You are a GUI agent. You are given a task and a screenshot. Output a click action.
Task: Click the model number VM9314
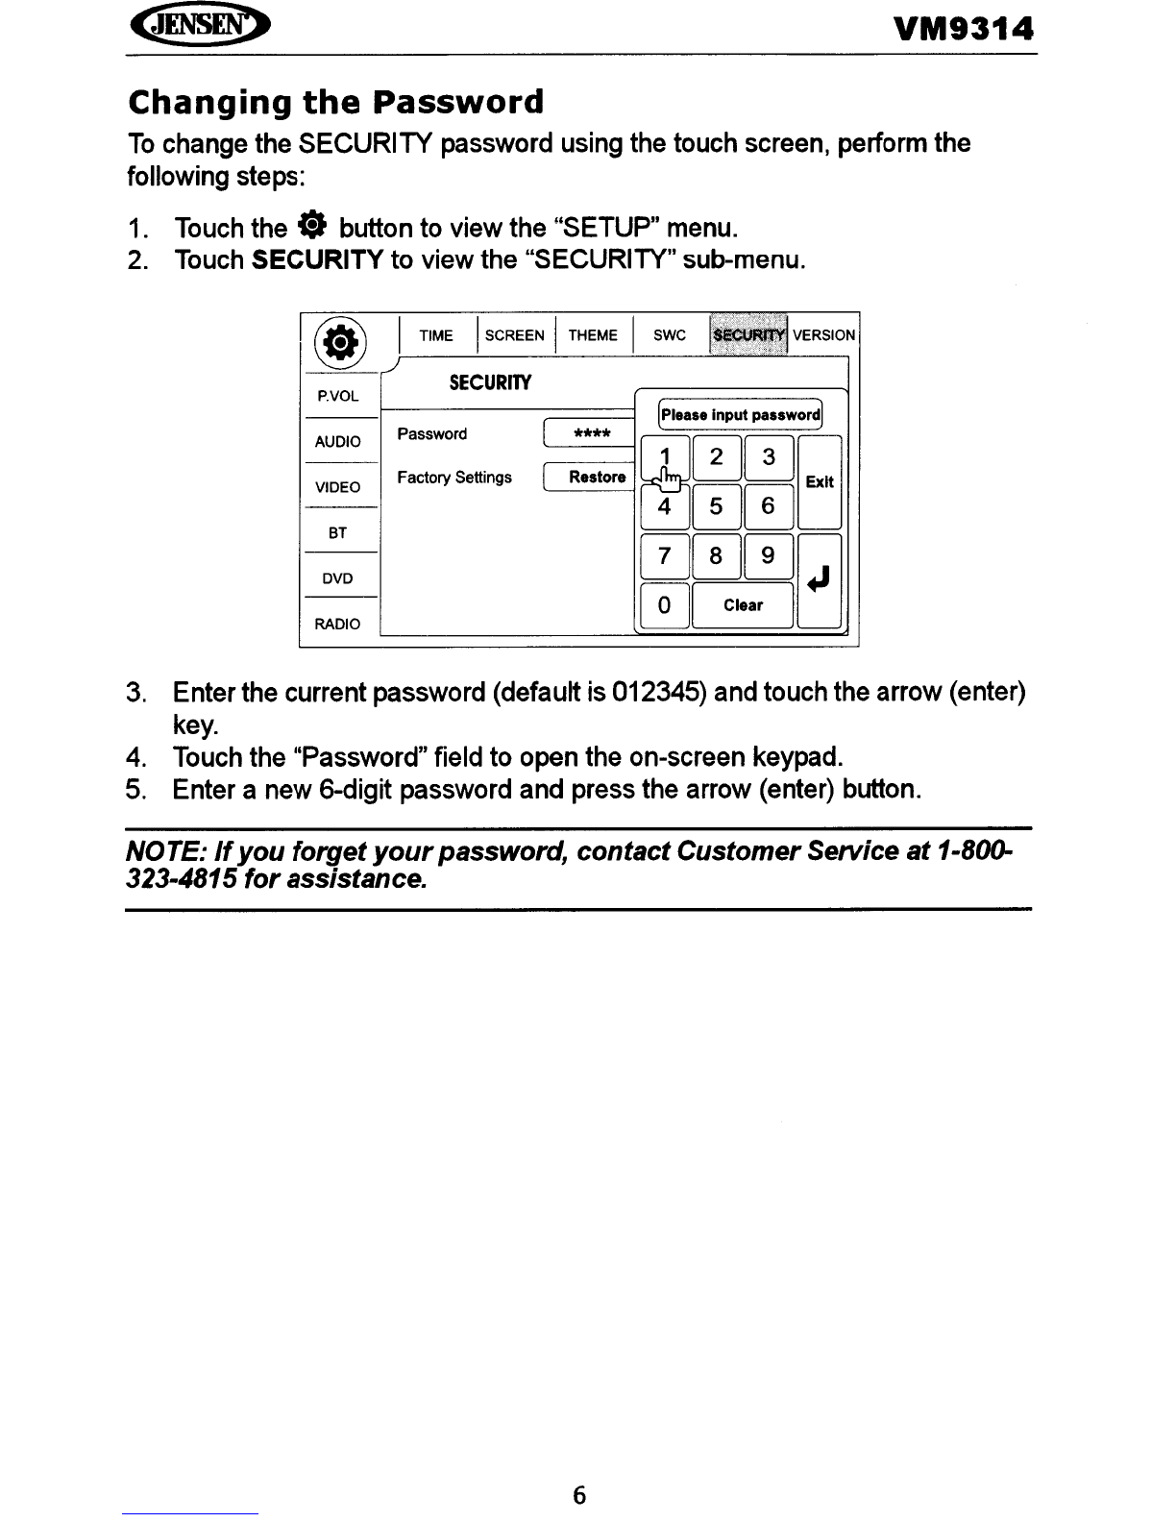pos(963,31)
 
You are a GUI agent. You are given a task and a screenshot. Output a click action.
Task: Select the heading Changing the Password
pos(335,101)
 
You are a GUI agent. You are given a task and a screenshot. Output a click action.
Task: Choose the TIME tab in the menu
pos(436,335)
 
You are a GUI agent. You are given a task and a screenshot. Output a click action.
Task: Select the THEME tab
pos(593,335)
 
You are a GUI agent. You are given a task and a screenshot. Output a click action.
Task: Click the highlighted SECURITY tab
pos(747,334)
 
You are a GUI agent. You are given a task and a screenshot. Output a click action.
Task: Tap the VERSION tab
pos(823,335)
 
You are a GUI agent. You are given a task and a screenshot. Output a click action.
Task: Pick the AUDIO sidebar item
pos(338,442)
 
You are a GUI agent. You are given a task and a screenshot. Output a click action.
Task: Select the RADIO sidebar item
pos(338,625)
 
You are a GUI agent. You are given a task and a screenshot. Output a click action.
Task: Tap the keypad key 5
pos(716,505)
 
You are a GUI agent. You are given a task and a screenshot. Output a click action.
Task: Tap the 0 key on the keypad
pos(664,605)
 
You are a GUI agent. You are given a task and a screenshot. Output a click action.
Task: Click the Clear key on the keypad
pos(743,605)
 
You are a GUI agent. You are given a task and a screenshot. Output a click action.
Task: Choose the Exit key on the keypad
pos(820,482)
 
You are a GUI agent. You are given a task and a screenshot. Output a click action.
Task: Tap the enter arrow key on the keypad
pos(820,580)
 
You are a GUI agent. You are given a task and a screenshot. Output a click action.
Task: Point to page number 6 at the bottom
pos(579,1495)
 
